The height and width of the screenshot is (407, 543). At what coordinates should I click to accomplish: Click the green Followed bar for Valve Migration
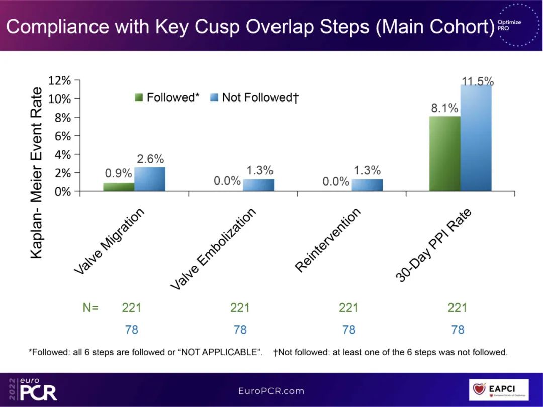[x=119, y=187]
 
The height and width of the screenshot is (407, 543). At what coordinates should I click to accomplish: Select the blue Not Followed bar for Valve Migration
[x=150, y=179]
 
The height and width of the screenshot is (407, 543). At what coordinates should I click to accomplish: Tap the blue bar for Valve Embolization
[x=258, y=185]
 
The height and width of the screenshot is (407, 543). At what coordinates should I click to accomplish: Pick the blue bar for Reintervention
[x=367, y=185]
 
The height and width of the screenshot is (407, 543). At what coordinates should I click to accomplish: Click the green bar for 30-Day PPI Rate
[x=445, y=154]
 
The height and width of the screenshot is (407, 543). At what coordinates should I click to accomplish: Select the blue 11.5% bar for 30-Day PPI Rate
[x=476, y=138]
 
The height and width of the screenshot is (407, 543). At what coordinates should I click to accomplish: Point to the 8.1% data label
[x=444, y=108]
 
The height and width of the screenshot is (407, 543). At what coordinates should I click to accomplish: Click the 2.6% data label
[x=150, y=159]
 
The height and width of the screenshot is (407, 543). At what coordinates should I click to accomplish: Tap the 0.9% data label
[x=119, y=173]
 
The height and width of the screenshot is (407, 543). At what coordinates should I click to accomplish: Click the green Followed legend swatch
[x=139, y=97]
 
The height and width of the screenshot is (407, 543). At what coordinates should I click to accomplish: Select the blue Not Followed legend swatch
[x=214, y=97]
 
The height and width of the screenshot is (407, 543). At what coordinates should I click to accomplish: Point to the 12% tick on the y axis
[x=59, y=80]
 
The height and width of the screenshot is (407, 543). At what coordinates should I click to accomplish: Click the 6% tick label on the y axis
[x=63, y=136]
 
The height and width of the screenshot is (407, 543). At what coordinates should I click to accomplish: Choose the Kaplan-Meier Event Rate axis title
[x=36, y=173]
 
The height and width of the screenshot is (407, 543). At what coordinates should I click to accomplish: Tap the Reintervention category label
[x=328, y=240]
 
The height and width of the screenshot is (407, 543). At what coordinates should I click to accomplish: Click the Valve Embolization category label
[x=213, y=249]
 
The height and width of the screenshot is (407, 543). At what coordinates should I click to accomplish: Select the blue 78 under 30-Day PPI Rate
[x=458, y=330]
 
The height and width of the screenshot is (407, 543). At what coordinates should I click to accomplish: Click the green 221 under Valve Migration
[x=132, y=308]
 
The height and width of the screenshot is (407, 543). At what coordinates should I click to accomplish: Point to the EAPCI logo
[x=499, y=390]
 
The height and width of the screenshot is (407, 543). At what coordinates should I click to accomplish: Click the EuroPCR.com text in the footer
[x=271, y=391]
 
